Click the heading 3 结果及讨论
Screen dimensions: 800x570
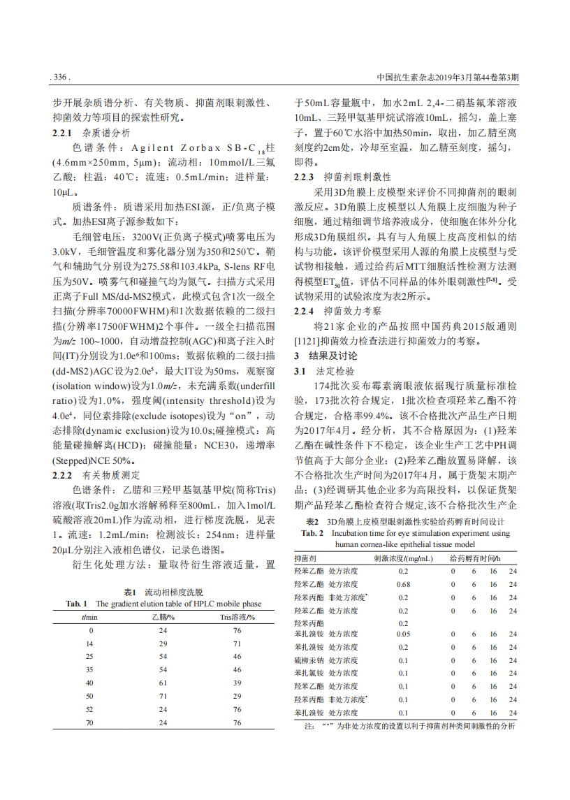click(325, 356)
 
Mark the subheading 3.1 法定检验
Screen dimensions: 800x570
click(323, 371)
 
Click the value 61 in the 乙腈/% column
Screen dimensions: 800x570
click(163, 683)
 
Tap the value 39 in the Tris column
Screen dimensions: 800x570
click(237, 683)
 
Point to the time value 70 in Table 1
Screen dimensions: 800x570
click(89, 723)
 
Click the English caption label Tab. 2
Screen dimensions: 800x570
click(312, 533)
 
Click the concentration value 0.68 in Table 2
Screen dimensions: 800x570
click(403, 585)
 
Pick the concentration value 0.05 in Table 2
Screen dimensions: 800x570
click(403, 634)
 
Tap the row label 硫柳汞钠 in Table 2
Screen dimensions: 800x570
click(309, 660)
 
